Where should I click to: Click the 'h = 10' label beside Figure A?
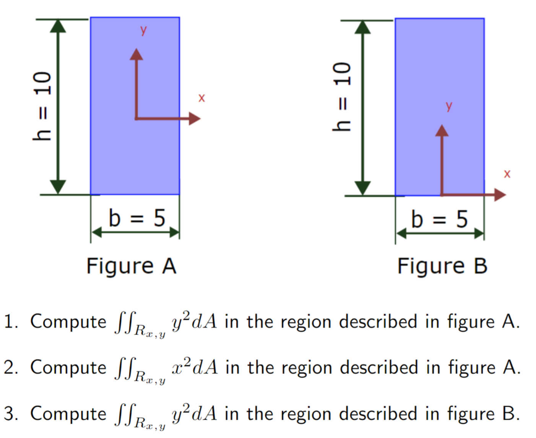click(x=42, y=106)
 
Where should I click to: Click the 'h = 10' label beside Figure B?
click(x=341, y=97)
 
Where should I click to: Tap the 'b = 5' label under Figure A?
click(x=137, y=218)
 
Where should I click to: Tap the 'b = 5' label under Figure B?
click(x=439, y=219)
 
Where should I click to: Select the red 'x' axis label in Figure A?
click(x=201, y=98)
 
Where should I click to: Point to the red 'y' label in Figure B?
click(x=449, y=106)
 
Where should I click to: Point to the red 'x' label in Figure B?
click(x=507, y=174)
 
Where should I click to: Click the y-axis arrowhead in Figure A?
click(x=136, y=54)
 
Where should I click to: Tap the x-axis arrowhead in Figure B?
click(x=499, y=195)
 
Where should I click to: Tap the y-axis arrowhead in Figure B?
click(x=442, y=131)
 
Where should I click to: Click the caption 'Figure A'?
click(x=131, y=266)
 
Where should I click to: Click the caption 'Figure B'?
click(x=442, y=266)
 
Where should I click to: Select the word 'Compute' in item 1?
click(x=68, y=322)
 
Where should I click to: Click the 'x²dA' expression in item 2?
click(x=195, y=367)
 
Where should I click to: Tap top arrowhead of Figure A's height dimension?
click(x=58, y=26)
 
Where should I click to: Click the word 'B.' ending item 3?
click(x=511, y=414)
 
